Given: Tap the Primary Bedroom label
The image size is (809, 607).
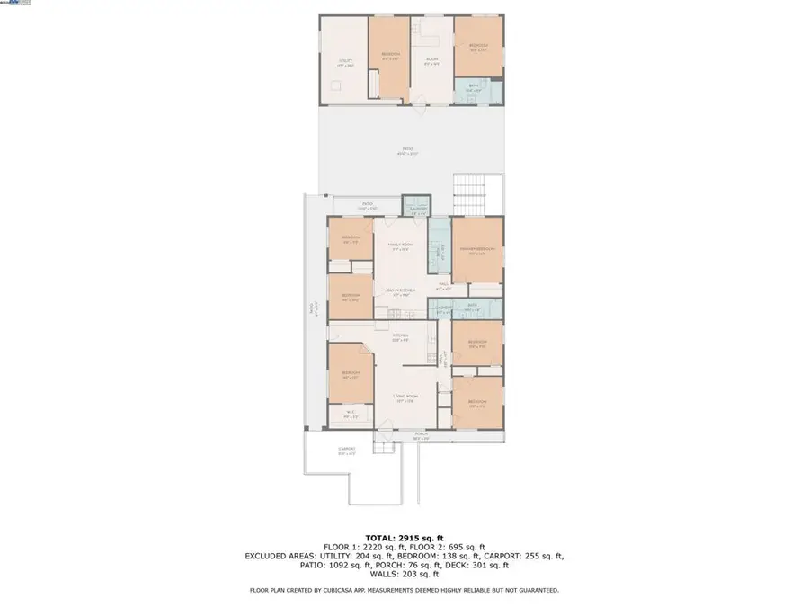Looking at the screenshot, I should tap(476, 252).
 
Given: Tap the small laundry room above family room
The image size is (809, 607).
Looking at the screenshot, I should tap(415, 209).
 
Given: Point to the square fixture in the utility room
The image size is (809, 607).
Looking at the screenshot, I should tap(337, 85).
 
